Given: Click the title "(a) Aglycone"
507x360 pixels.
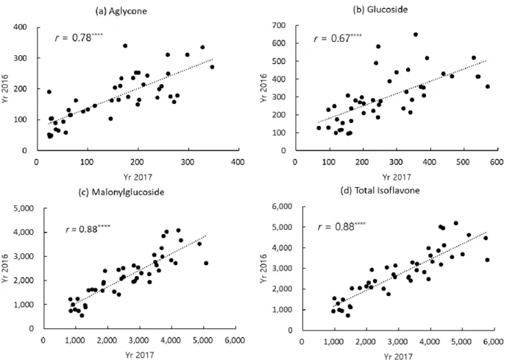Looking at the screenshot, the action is click(x=121, y=11).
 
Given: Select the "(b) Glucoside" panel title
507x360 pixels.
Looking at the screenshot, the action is click(x=380, y=10).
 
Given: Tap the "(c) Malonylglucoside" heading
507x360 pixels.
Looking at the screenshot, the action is click(x=121, y=192).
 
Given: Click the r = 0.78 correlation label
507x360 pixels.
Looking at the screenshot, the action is click(x=79, y=38).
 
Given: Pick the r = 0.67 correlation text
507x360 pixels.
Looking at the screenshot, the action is click(x=338, y=38).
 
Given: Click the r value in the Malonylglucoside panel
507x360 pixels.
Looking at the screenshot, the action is click(x=88, y=229).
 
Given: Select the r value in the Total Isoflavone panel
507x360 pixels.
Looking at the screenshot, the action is click(x=341, y=227).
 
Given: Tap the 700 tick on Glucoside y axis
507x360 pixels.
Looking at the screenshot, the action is click(x=280, y=26).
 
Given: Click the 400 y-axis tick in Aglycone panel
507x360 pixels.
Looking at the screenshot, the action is click(x=20, y=27).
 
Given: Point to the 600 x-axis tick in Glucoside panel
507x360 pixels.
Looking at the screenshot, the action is click(x=496, y=162).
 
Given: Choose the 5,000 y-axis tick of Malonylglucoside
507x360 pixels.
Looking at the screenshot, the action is click(x=24, y=208).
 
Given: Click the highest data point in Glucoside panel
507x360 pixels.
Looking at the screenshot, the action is click(x=416, y=35).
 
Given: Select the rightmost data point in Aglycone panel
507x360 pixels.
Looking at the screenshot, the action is click(x=212, y=67).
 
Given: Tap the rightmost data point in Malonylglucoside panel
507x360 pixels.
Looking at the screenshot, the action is click(x=206, y=264).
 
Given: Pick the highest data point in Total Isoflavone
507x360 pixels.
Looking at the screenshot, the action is click(x=456, y=223).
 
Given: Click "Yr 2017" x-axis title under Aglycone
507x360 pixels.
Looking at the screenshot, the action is click(x=138, y=177).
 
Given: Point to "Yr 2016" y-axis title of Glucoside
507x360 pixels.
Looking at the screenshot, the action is click(x=263, y=88).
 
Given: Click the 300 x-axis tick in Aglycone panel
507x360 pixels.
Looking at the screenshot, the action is click(x=187, y=162).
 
